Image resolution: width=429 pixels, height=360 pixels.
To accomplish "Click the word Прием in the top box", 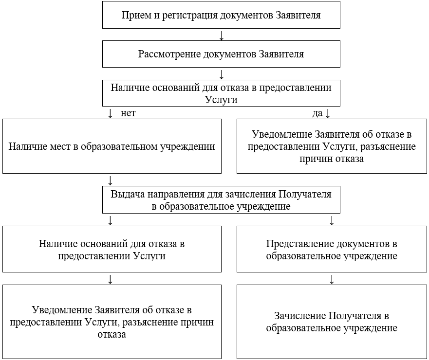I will click(x=135, y=15).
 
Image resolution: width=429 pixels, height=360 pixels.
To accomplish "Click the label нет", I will click(x=128, y=113).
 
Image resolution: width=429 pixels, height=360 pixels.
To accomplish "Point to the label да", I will click(x=317, y=113).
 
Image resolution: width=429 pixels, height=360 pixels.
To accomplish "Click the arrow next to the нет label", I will click(x=111, y=113).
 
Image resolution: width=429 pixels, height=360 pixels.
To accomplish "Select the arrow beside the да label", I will click(x=328, y=113).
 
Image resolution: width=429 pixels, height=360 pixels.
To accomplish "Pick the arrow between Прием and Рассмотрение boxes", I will click(x=222, y=36).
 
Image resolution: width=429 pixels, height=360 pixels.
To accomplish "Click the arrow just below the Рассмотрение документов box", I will click(x=222, y=74).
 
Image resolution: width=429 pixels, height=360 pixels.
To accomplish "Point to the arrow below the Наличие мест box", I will click(x=111, y=180).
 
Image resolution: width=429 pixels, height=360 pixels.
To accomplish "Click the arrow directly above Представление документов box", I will click(x=332, y=220).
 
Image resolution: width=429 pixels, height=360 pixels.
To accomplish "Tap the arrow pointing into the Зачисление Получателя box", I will click(x=332, y=279).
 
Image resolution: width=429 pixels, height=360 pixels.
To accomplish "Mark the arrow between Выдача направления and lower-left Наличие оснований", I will click(x=111, y=220).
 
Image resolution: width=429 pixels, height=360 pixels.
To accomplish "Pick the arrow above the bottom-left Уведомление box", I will click(x=111, y=279).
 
